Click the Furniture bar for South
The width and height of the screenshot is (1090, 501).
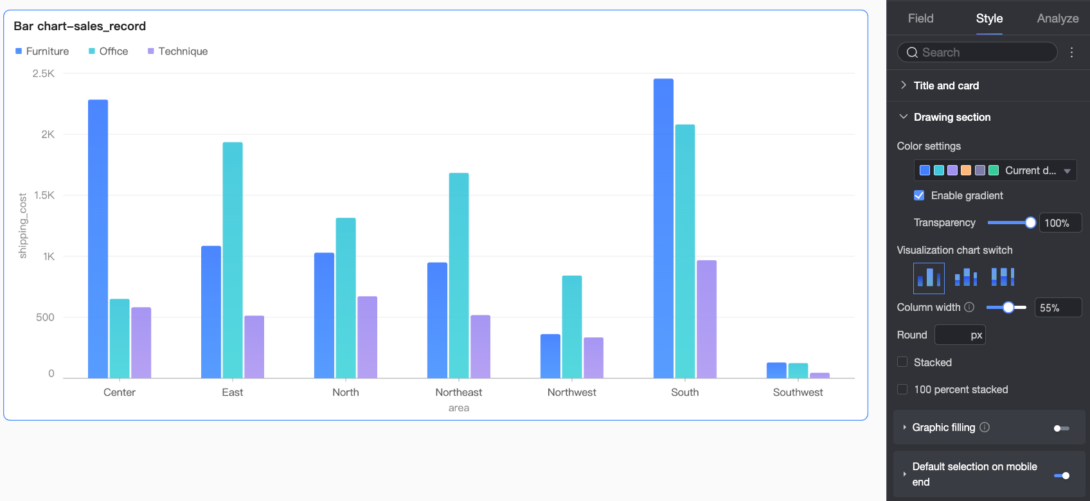click(x=663, y=228)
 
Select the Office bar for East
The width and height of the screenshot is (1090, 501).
click(x=233, y=259)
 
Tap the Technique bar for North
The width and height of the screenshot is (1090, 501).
click(x=367, y=337)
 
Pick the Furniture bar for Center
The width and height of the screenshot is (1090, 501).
click(x=98, y=238)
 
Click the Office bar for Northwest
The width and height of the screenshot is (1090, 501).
click(x=572, y=326)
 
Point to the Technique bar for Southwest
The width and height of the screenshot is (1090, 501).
click(x=819, y=375)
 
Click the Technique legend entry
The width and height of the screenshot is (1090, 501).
click(x=183, y=51)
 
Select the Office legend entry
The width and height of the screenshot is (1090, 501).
click(x=113, y=51)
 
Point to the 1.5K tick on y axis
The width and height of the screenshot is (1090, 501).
click(x=44, y=195)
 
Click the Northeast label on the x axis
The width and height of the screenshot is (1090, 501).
click(x=458, y=392)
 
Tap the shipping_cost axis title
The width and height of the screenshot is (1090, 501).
click(x=23, y=225)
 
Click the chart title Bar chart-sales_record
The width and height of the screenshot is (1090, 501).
click(x=80, y=26)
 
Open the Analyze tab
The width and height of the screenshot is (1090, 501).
click(x=1057, y=19)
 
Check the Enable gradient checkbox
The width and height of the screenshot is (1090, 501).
click(x=919, y=195)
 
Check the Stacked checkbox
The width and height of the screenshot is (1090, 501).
click(x=902, y=362)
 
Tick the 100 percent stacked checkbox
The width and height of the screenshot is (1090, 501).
click(x=902, y=389)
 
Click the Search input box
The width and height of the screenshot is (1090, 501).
click(x=977, y=53)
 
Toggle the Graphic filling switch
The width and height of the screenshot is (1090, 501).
click(x=1061, y=428)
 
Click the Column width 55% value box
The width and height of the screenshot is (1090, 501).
click(x=1057, y=308)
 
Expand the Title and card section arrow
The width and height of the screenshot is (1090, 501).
click(x=903, y=85)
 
